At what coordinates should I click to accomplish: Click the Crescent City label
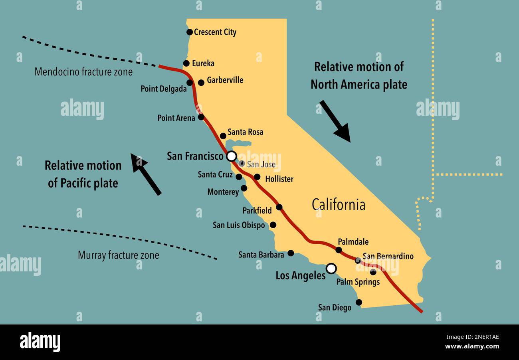(x=215, y=32)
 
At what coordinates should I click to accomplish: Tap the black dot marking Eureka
(x=186, y=63)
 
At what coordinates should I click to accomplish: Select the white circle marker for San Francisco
(x=231, y=156)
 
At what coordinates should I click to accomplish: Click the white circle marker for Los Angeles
(x=331, y=268)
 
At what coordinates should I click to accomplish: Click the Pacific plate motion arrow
(x=146, y=174)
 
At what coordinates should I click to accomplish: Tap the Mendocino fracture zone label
(x=83, y=72)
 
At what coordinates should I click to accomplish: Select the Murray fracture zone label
(x=118, y=255)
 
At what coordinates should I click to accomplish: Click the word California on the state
(x=338, y=204)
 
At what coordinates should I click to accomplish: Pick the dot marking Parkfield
(x=279, y=207)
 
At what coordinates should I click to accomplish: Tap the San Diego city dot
(x=359, y=302)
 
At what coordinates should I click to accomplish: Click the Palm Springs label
(x=358, y=282)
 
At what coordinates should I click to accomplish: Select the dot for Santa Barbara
(x=291, y=253)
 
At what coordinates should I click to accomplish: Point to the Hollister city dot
(x=257, y=177)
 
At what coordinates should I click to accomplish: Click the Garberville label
(x=225, y=80)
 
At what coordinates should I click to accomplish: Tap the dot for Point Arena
(x=201, y=117)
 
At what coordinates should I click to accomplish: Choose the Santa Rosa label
(x=245, y=132)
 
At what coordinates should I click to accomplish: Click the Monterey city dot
(x=244, y=188)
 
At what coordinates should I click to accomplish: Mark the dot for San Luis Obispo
(x=273, y=225)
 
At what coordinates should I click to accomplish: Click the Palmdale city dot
(x=339, y=250)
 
